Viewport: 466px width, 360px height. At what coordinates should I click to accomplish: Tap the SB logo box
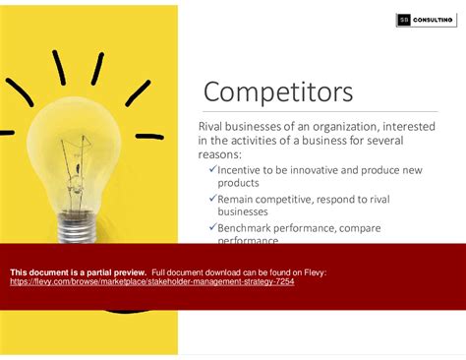coord(403,20)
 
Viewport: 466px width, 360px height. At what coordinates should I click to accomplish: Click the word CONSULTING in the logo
coord(434,20)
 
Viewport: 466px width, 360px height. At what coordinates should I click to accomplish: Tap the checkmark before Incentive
coord(213,170)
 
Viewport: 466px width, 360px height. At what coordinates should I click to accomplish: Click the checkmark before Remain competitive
coord(213,199)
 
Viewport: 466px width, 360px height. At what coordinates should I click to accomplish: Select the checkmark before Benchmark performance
coord(213,227)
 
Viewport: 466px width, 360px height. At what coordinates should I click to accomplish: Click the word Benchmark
coord(253,227)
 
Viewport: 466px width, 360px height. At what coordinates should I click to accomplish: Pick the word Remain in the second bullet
coord(242,199)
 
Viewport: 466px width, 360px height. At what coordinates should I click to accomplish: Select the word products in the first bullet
coord(241,184)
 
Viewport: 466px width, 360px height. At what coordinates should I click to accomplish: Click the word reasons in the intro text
coord(223,153)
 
